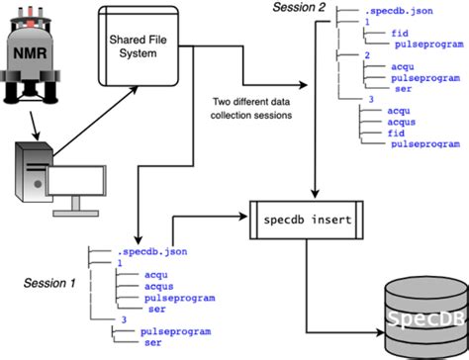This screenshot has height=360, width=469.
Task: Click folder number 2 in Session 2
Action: point(367,55)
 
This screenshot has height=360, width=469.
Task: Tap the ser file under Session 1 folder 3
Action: point(154,343)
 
